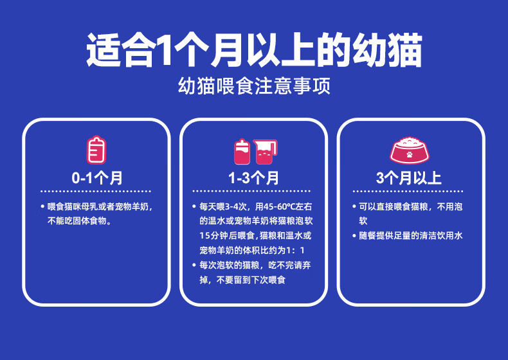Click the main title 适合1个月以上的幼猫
pyautogui.click(x=255, y=51)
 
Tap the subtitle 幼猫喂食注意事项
pyautogui.click(x=255, y=86)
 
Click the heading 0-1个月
pyautogui.click(x=97, y=178)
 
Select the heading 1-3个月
pyautogui.click(x=253, y=178)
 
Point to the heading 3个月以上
pyautogui.click(x=409, y=178)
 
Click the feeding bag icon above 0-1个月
pyautogui.click(x=96, y=150)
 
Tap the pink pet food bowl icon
pyautogui.click(x=409, y=150)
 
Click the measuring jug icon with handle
pyautogui.click(x=266, y=152)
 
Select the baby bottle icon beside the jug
pyautogui.click(x=242, y=152)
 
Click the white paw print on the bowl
pyautogui.click(x=410, y=154)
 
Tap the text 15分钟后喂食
pyautogui.click(x=228, y=235)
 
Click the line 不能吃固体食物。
pyautogui.click(x=80, y=221)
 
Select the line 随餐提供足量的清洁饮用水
pyautogui.click(x=410, y=235)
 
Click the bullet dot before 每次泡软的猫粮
pyautogui.click(x=194, y=265)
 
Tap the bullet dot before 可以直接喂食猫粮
pyautogui.click(x=354, y=206)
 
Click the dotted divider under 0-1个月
pyautogui.click(x=96, y=191)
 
